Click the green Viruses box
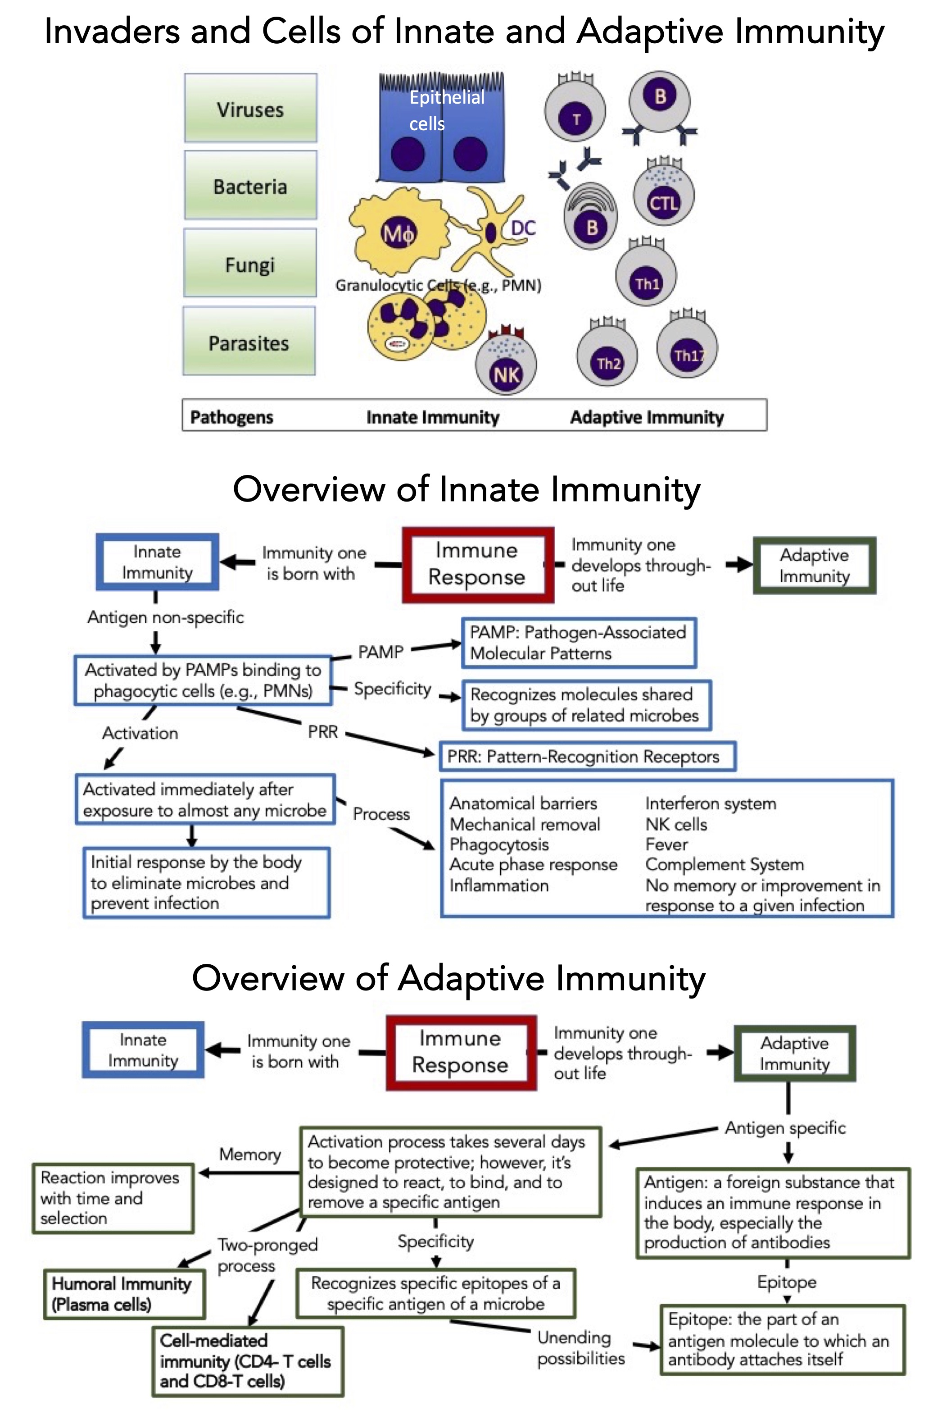click(x=250, y=108)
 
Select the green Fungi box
click(x=250, y=263)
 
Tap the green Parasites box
click(x=249, y=342)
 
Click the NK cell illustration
click(x=506, y=365)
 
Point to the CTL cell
click(x=663, y=196)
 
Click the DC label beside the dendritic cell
click(x=523, y=228)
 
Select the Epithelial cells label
click(x=446, y=110)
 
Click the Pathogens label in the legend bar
click(x=231, y=417)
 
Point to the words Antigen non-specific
click(x=165, y=617)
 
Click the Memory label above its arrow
click(x=250, y=1154)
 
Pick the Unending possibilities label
click(x=581, y=1347)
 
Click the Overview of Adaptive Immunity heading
click(x=448, y=978)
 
